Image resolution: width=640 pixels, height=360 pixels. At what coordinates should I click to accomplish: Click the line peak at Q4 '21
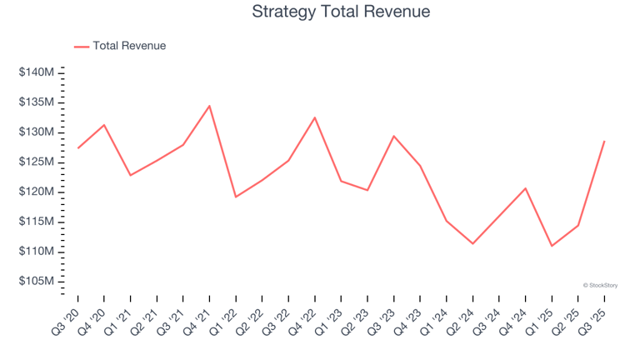(x=209, y=106)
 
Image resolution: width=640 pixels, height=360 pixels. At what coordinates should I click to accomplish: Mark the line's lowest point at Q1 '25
(x=552, y=246)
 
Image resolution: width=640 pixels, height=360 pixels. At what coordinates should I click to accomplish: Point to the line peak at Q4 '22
(x=315, y=117)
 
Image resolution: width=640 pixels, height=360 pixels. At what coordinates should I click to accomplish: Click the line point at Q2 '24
(x=472, y=243)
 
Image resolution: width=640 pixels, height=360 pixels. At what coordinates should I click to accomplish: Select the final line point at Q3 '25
(x=604, y=141)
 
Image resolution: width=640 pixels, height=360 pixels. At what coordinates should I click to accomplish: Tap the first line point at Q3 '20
(x=77, y=148)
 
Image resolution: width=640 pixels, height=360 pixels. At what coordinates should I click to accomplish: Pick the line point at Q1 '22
(x=236, y=197)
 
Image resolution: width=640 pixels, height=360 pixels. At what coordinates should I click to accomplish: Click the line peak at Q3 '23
(x=393, y=136)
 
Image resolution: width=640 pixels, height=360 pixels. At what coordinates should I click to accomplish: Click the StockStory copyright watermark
(x=600, y=285)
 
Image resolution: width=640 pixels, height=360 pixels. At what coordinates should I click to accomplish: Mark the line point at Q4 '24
(x=525, y=188)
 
